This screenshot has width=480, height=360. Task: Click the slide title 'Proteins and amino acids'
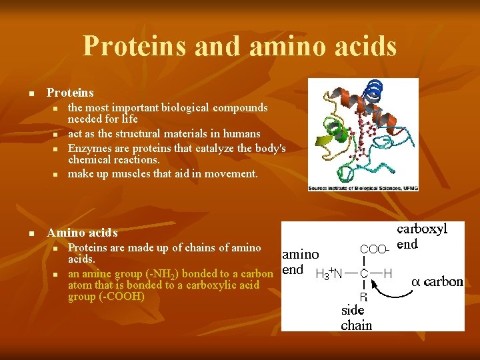pyautogui.click(x=239, y=46)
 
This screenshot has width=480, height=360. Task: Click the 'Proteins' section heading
pyautogui.click(x=70, y=93)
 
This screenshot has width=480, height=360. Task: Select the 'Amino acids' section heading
pyautogui.click(x=82, y=233)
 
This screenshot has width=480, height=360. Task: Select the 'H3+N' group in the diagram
pyautogui.click(x=328, y=273)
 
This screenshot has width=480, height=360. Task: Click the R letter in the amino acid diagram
pyautogui.click(x=364, y=297)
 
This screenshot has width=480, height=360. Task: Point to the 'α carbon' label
pyautogui.click(x=437, y=281)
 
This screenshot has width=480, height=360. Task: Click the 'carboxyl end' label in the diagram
pyautogui.click(x=421, y=237)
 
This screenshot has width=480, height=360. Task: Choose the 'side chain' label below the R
pyautogui.click(x=355, y=318)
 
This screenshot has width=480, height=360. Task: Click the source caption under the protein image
pyautogui.click(x=363, y=188)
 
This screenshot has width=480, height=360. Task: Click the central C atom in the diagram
pyautogui.click(x=364, y=273)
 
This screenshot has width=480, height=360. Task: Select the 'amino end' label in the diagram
pyautogui.click(x=300, y=262)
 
